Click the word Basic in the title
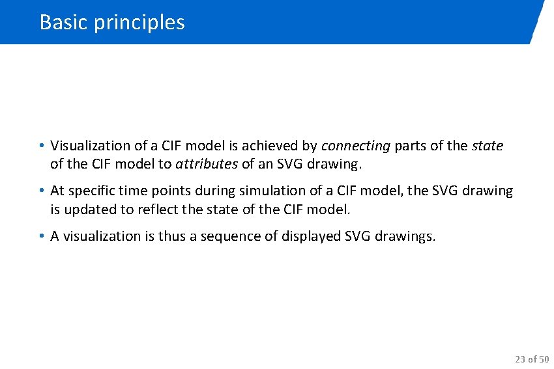(x=64, y=22)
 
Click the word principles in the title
(x=139, y=23)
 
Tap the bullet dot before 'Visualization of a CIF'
(x=40, y=146)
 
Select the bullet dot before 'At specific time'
(x=40, y=191)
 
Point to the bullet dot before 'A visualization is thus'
(x=40, y=236)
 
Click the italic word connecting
(x=355, y=146)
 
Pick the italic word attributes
(x=207, y=165)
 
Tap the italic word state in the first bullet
(x=487, y=146)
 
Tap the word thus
(x=171, y=236)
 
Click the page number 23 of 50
(x=531, y=359)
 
